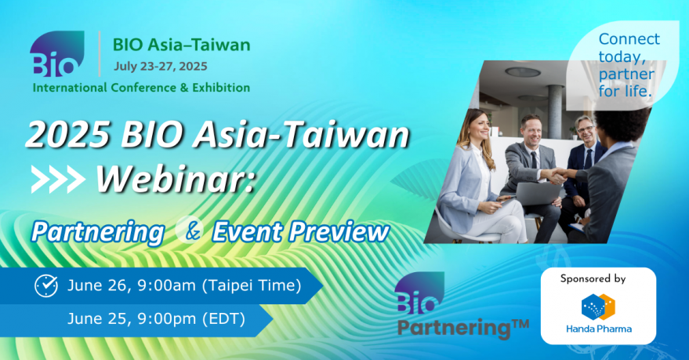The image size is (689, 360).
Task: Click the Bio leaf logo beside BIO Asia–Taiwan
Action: [x=56, y=53]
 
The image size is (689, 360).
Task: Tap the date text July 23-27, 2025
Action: [x=161, y=67]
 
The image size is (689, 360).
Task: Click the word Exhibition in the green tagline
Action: [x=221, y=88]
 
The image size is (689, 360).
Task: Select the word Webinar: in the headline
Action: [x=176, y=179]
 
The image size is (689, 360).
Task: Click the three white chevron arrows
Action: [x=58, y=180]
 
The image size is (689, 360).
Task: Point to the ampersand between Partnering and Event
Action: [x=193, y=231]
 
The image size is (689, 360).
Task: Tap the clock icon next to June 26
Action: [x=46, y=286]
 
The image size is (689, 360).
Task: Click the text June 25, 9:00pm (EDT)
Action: [x=157, y=318]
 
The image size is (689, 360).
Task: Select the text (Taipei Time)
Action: [x=252, y=285]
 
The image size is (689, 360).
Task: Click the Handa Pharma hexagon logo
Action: [x=598, y=307]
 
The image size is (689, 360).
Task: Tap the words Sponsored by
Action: [x=593, y=278]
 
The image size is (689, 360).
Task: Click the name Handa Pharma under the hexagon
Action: [x=599, y=329]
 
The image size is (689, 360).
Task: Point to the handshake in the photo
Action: [x=559, y=175]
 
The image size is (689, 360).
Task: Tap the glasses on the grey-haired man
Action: [x=586, y=129]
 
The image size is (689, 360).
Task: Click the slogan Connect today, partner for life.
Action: [x=629, y=65]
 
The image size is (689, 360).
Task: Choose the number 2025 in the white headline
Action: [x=67, y=134]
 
